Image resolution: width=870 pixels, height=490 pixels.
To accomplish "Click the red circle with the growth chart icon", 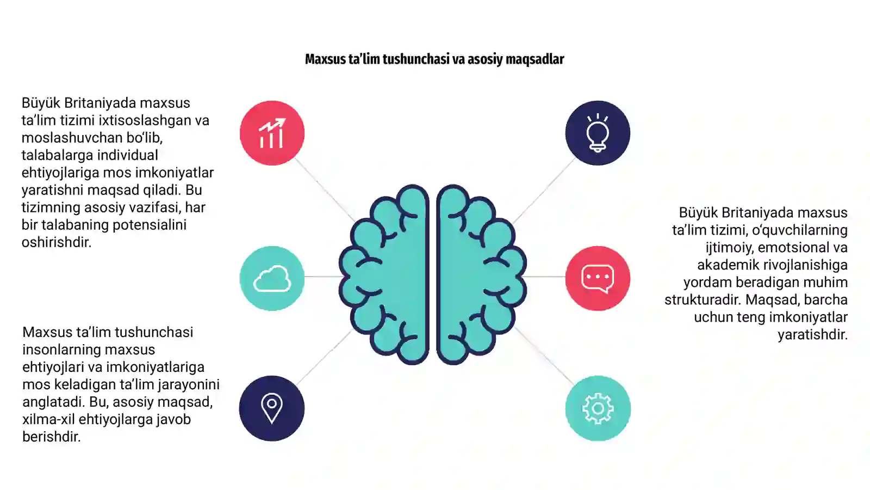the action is pos(272,133).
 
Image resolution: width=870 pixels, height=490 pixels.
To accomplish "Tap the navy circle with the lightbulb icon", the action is pos(598,133).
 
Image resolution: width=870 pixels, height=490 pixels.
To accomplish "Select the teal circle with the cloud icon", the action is pos(272,278).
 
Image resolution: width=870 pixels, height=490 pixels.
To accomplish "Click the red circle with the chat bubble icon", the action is pos(598,278).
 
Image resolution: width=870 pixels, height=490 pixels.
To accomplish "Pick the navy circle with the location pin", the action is pos(272,408).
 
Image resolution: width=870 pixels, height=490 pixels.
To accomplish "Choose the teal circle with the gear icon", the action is pos(598,408).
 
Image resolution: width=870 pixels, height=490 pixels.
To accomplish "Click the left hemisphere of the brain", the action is pos(384,274).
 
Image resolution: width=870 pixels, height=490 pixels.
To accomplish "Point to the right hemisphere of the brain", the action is pos(482,274).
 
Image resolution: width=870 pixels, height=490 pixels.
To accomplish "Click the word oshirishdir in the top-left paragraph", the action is pos(57,242).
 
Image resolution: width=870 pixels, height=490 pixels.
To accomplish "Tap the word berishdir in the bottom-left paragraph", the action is pos(51,437).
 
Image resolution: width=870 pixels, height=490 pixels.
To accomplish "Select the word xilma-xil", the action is pos(48,419).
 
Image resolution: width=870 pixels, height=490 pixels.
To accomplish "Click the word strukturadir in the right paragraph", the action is pos(703,300).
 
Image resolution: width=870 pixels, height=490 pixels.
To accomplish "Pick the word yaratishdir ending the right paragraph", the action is pos(812,335).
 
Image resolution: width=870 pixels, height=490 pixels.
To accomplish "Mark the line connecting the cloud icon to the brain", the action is pos(322,277).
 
